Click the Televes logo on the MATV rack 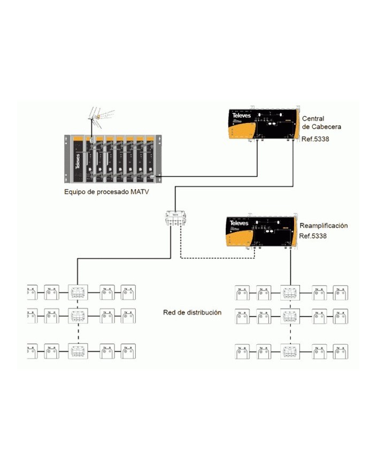[78, 159]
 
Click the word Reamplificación [324, 226]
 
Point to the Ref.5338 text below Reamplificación [313, 236]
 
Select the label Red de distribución [192, 312]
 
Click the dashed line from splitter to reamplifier [214, 258]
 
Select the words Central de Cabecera [321, 122]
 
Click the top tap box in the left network [78, 292]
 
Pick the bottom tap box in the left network [78, 351]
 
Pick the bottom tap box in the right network [290, 352]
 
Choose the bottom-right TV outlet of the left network [128, 351]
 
